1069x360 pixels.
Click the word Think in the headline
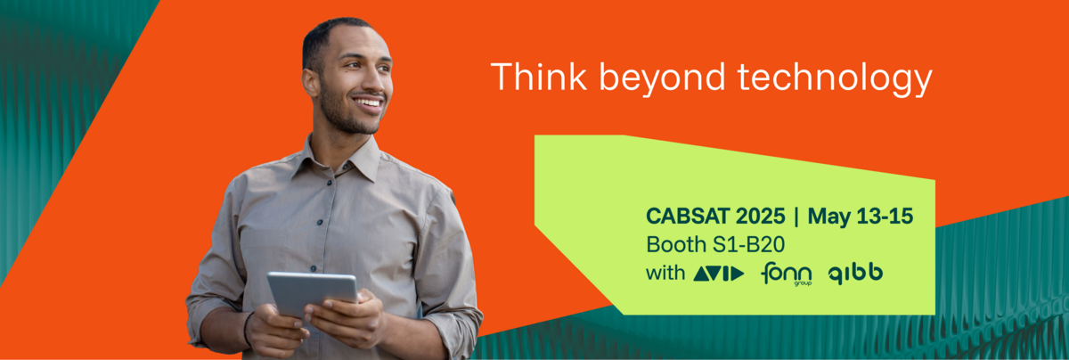point(539,77)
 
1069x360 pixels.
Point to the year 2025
point(760,217)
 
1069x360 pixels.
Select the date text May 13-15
point(861,217)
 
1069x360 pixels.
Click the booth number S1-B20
point(748,244)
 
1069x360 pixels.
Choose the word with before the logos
point(665,273)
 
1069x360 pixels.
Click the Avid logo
point(719,274)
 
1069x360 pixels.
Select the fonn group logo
point(786,274)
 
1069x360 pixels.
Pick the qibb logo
point(855,274)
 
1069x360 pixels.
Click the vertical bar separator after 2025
point(796,217)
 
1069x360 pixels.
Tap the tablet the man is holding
point(312,292)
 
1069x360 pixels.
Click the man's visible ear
point(311,83)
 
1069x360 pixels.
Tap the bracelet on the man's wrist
point(247,329)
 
